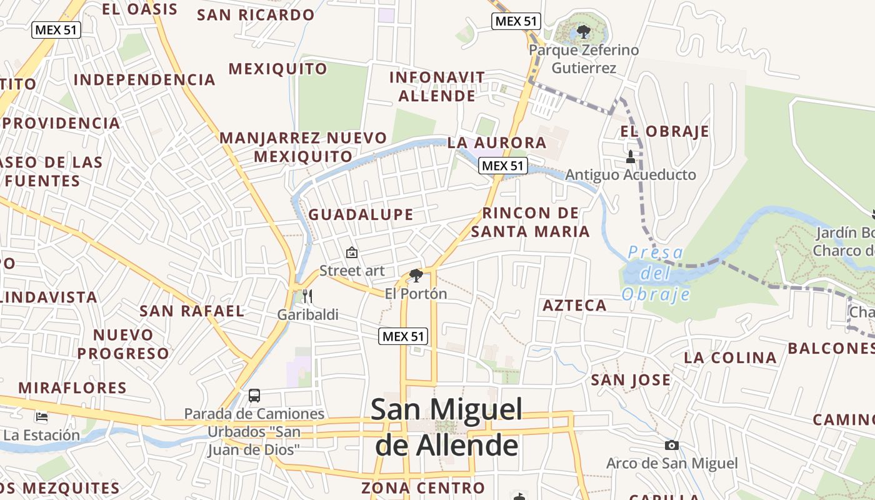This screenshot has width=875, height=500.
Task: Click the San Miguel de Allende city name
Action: (x=447, y=427)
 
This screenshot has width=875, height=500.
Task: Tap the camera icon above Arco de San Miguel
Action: (x=672, y=446)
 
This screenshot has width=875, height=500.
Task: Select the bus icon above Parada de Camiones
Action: (x=254, y=396)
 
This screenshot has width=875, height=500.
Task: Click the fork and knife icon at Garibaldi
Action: (x=307, y=296)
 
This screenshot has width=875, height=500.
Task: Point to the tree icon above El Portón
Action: (x=416, y=276)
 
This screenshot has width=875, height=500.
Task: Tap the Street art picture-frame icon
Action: (x=352, y=253)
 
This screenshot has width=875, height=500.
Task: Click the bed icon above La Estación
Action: (x=42, y=416)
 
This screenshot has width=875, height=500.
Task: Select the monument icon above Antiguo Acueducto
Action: (x=630, y=156)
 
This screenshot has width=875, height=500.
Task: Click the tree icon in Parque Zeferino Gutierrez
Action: (x=584, y=31)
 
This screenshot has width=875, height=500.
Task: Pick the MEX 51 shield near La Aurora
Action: (x=503, y=166)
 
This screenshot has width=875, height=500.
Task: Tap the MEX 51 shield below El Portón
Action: (x=404, y=336)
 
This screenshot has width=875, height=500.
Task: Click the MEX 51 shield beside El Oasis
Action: (x=57, y=29)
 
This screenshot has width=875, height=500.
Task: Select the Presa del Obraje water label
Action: (x=656, y=273)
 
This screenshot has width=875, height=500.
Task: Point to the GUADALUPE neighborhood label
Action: (x=361, y=215)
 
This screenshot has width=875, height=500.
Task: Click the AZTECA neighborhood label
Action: (x=574, y=306)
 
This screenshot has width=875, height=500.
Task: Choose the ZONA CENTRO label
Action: (x=423, y=488)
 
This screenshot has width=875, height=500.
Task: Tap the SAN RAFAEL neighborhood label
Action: (x=192, y=311)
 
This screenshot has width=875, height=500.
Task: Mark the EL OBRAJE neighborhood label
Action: (x=664, y=132)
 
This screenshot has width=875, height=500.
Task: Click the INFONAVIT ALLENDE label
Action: (x=437, y=87)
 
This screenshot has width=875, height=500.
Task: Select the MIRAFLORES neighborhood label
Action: (x=72, y=387)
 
